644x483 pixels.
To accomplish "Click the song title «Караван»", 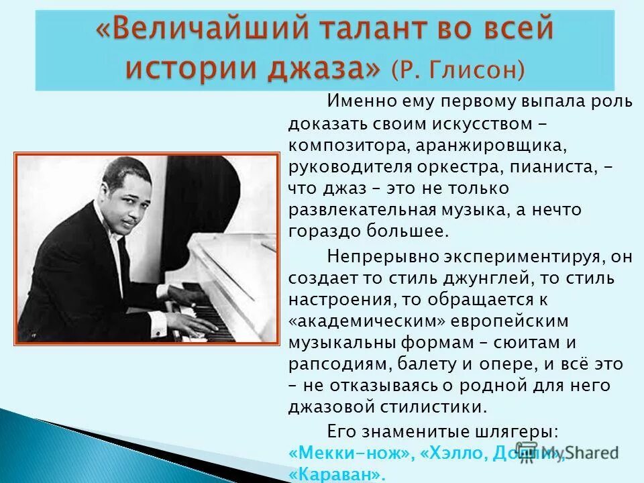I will coord(338,474).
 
